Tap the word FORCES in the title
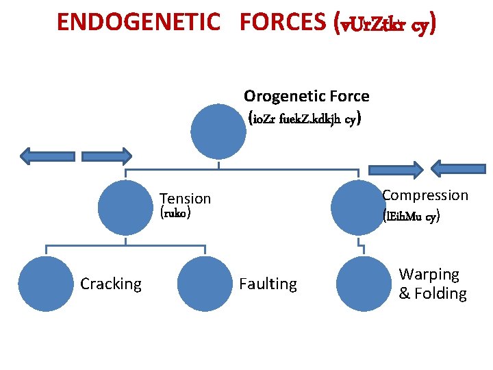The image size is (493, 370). [283, 23]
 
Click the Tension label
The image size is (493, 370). [185, 199]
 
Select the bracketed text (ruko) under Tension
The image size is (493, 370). [175, 213]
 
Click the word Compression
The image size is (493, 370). [425, 195]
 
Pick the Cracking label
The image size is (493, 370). [111, 284]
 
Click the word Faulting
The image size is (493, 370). [268, 284]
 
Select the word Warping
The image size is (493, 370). [429, 274]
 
